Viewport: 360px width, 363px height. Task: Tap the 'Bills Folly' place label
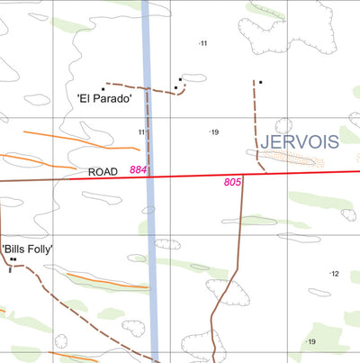(28, 249)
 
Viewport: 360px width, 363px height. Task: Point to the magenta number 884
(138, 169)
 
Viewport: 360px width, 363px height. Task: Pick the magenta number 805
(232, 183)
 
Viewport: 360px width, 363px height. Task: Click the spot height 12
(334, 274)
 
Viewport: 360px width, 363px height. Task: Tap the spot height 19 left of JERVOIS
(213, 132)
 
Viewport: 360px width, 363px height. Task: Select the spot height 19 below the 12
(310, 342)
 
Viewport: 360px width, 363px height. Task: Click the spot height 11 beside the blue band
(141, 132)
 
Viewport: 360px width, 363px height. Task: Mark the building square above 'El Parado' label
(103, 89)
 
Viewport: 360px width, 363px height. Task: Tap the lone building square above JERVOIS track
(260, 83)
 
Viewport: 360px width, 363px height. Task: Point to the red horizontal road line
(270, 173)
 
